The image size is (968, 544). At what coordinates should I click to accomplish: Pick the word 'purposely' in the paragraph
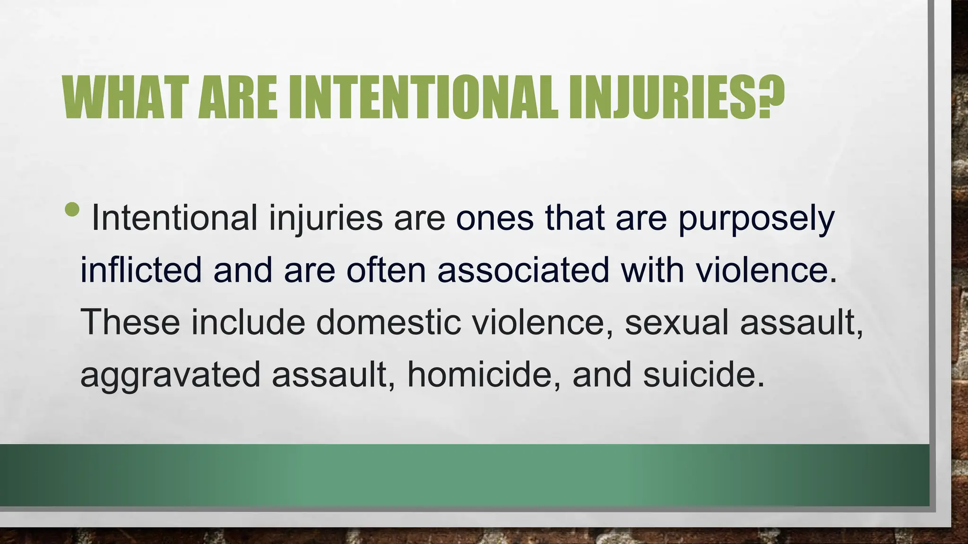pos(756,219)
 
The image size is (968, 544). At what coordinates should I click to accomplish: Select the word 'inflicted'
pos(141,270)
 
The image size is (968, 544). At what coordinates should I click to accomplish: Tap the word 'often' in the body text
pos(386,270)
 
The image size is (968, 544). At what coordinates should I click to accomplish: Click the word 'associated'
pos(523,270)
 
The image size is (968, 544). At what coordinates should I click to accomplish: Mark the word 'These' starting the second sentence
pos(130,322)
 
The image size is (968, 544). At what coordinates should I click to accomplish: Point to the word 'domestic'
pos(388,322)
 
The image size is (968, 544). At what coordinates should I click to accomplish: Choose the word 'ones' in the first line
pos(494,219)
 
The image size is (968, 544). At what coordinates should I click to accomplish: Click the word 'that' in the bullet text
pos(574,219)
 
